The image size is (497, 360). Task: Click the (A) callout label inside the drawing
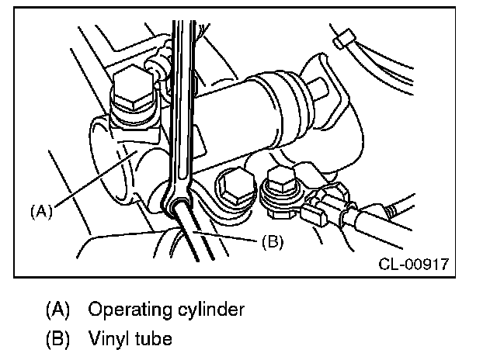(x=41, y=209)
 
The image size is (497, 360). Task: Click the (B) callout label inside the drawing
(x=272, y=241)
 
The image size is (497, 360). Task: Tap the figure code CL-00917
(x=414, y=265)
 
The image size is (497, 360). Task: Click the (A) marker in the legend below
(x=58, y=310)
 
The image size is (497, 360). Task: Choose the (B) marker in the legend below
(x=58, y=339)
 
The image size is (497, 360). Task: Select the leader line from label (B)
(x=233, y=237)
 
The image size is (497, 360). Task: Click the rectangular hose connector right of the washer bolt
(x=318, y=209)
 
